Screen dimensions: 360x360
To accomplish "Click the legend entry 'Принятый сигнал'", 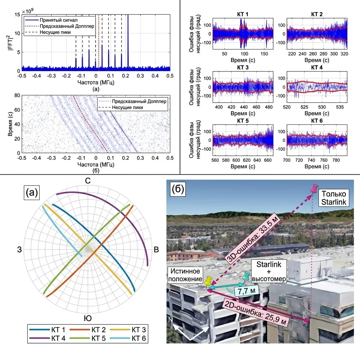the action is click(59, 20).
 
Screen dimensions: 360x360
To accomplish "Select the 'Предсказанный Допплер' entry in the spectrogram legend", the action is click(139, 101).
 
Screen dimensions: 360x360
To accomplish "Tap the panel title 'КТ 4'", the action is click(317, 67).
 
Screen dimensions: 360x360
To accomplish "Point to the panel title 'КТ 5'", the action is click(243, 121).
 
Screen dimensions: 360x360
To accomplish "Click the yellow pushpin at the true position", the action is click(208, 281).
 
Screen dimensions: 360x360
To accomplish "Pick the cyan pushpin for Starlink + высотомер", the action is click(246, 276).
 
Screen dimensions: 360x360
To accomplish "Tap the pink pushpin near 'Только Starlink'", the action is click(314, 189).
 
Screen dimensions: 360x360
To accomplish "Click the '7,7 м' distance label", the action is click(246, 291).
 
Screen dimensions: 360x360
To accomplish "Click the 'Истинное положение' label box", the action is click(185, 275).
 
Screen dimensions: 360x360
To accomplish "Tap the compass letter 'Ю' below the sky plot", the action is click(88, 318).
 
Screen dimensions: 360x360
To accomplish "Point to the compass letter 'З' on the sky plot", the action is click(20, 250).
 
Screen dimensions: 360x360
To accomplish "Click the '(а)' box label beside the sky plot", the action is click(32, 192).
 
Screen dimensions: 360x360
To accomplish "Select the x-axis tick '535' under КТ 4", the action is click(340, 107).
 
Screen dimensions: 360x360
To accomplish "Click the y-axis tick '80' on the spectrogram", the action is click(17, 95).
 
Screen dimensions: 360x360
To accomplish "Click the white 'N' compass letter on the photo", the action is click(171, 320).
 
